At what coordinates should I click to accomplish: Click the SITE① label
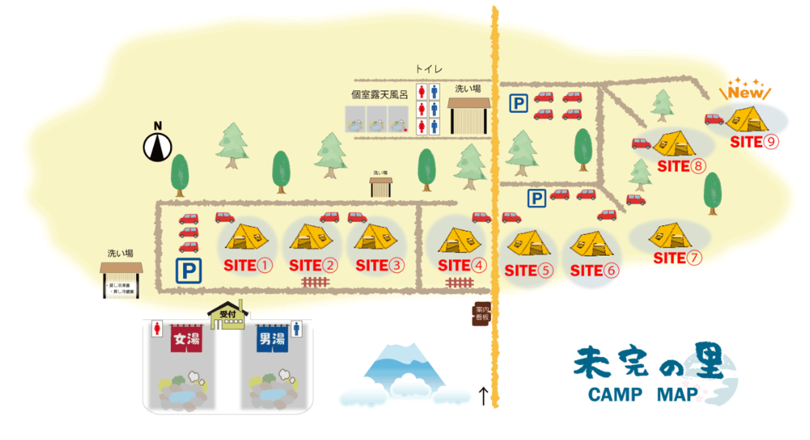coord(248,265)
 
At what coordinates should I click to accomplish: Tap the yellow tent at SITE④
coord(459,240)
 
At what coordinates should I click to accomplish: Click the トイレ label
coord(429,69)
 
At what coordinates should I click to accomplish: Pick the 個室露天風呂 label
coord(379,95)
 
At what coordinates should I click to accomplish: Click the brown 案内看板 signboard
coord(480,314)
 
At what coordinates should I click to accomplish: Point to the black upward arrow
coord(483,395)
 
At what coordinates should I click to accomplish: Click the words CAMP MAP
coord(641,395)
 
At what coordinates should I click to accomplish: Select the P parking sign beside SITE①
coord(189,271)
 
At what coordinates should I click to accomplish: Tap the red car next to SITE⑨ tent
coord(714,119)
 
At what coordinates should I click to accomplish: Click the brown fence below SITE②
coord(315,282)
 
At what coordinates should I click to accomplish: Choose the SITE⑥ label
coord(594,271)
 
